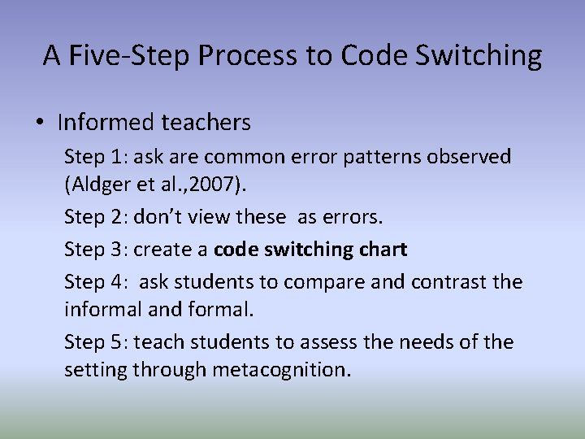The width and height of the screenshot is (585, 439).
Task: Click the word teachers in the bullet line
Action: (x=206, y=123)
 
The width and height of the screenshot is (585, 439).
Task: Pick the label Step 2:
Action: (x=96, y=218)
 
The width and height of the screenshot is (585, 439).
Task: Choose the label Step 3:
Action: (x=96, y=249)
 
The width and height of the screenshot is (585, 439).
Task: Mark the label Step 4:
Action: (x=96, y=280)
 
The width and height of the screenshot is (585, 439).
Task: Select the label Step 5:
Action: (x=96, y=341)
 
